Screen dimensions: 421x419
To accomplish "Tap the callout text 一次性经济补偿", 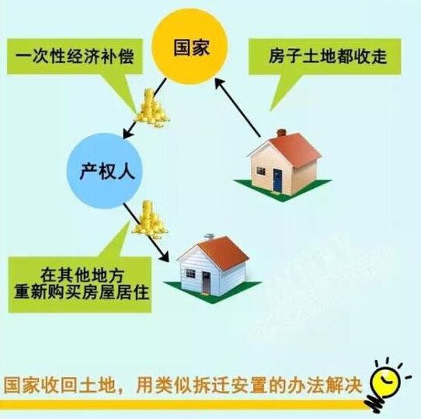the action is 75,57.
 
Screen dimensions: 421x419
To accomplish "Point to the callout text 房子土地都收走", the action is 328,56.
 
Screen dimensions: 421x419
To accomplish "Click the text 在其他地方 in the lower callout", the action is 82,275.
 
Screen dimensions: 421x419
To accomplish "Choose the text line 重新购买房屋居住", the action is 82,292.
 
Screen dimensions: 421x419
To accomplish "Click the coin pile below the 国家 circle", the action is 152,108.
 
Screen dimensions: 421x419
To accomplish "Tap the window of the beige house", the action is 261,171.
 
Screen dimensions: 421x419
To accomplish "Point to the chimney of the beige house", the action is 281,133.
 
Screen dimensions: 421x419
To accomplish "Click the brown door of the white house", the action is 206,282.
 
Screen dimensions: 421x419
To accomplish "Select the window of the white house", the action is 190,274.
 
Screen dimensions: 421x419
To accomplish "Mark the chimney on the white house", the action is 209,236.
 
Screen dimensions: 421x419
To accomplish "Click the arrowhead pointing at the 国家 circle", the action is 220,84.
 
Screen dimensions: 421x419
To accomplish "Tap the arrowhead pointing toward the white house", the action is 163,256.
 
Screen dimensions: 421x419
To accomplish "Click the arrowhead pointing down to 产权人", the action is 128,132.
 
